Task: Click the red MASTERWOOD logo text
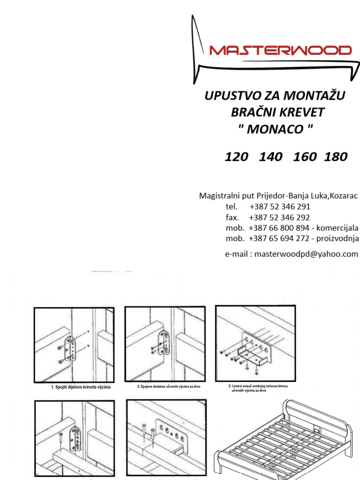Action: (x=280, y=50)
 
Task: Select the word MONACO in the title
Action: (x=274, y=129)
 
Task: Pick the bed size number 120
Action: (x=236, y=157)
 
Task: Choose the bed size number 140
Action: (x=270, y=157)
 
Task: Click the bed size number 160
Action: (x=305, y=157)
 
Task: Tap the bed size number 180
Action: (x=336, y=157)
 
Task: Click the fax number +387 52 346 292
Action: (x=279, y=217)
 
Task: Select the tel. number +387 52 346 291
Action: (x=280, y=207)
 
